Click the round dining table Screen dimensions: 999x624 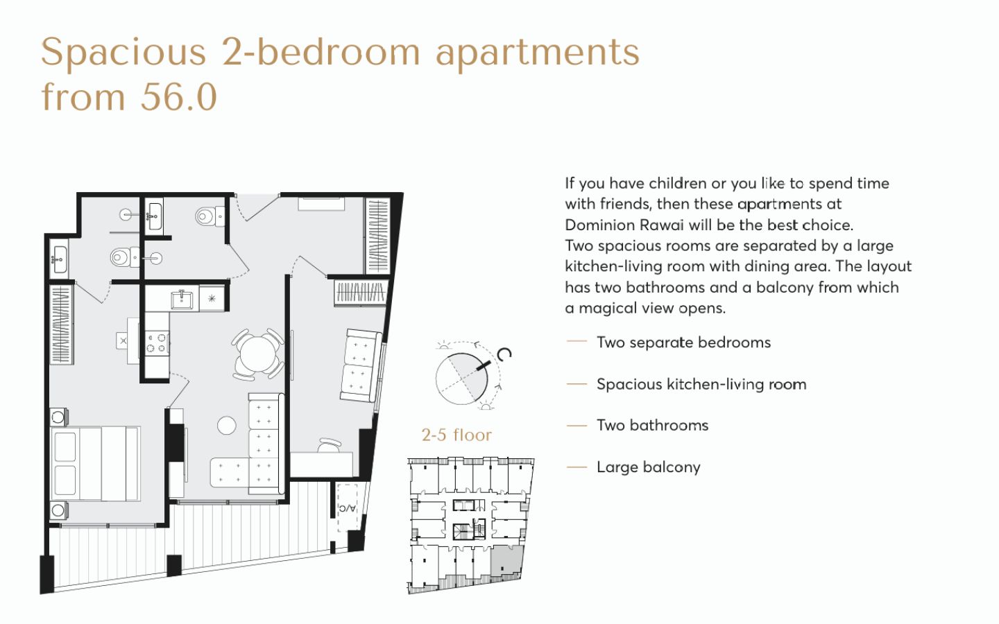pos(257,355)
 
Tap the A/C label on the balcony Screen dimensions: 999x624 pos(348,508)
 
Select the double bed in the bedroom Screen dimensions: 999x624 pos(96,464)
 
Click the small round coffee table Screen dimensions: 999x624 pos(227,425)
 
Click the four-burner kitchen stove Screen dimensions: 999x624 pos(157,343)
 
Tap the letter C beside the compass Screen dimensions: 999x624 pos(504,354)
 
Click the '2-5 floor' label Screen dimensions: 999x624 pos(456,435)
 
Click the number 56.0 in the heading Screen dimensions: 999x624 pos(179,97)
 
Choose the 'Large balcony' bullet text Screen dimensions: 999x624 pos(649,467)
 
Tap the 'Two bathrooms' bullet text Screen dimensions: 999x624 pos(652,425)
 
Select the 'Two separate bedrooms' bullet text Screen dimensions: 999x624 pos(684,343)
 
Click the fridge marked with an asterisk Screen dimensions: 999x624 pos(212,298)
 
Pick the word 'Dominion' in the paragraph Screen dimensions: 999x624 pos(599,225)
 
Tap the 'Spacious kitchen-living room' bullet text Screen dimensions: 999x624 pos(701,384)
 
